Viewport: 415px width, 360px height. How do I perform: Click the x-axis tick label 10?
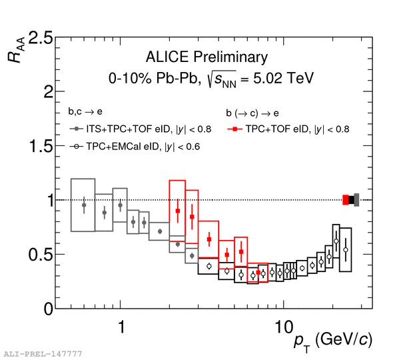tap(283, 327)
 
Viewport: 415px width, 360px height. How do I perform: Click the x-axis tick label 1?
tap(121, 327)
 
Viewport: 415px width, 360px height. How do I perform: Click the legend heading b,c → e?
tap(83, 111)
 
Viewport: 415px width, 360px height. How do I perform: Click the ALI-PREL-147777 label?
tap(43, 353)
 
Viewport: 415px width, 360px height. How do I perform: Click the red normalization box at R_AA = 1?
tap(346, 199)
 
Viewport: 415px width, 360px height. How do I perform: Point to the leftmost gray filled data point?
tap(83, 205)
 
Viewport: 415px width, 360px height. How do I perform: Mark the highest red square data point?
tap(177, 211)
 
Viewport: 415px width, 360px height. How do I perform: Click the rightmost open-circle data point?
tap(345, 249)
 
